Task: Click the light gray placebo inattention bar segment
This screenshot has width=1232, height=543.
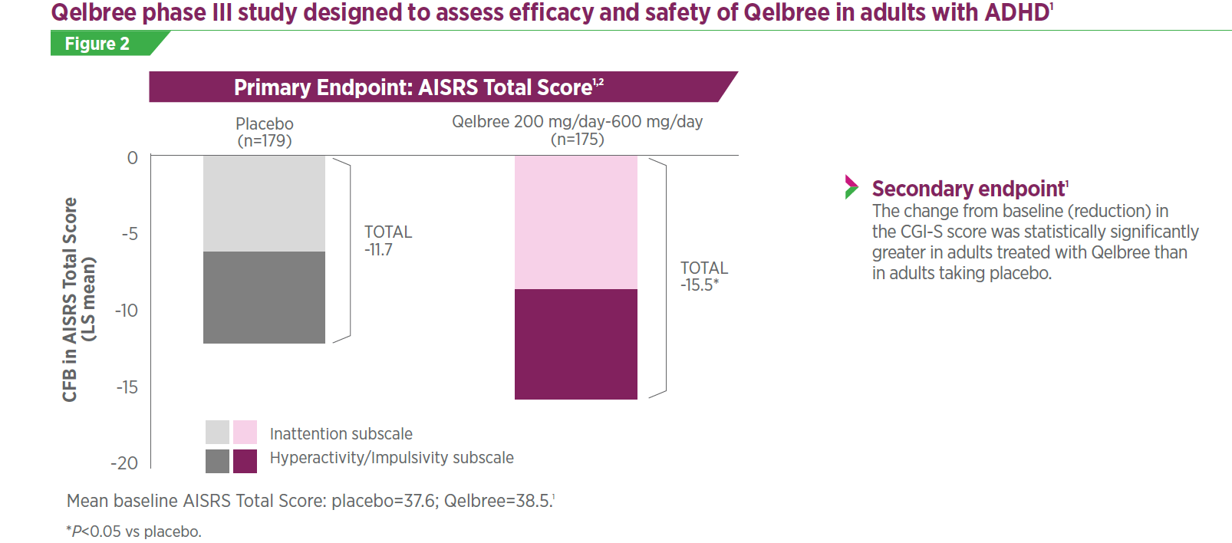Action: point(264,203)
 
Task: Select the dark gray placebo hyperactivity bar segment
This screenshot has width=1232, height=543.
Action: point(264,298)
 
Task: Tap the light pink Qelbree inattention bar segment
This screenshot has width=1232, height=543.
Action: point(575,222)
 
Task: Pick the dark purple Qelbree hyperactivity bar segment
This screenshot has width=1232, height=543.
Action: point(575,344)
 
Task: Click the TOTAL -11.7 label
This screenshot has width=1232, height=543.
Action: point(387,241)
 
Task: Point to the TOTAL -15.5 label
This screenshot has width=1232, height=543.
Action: point(703,276)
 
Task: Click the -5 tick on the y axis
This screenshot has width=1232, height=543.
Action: point(130,234)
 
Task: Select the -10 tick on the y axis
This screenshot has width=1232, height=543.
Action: point(127,311)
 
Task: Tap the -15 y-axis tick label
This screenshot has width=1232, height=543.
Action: point(127,387)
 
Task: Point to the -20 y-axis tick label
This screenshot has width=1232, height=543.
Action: point(124,463)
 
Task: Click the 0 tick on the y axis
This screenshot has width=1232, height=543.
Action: point(133,158)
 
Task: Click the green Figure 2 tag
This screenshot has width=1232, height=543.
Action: point(98,44)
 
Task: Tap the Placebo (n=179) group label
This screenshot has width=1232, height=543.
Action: point(265,132)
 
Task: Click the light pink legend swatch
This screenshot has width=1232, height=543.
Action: point(245,432)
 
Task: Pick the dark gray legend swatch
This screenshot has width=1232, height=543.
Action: point(217,461)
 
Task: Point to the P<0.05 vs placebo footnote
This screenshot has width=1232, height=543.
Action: point(134,531)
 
